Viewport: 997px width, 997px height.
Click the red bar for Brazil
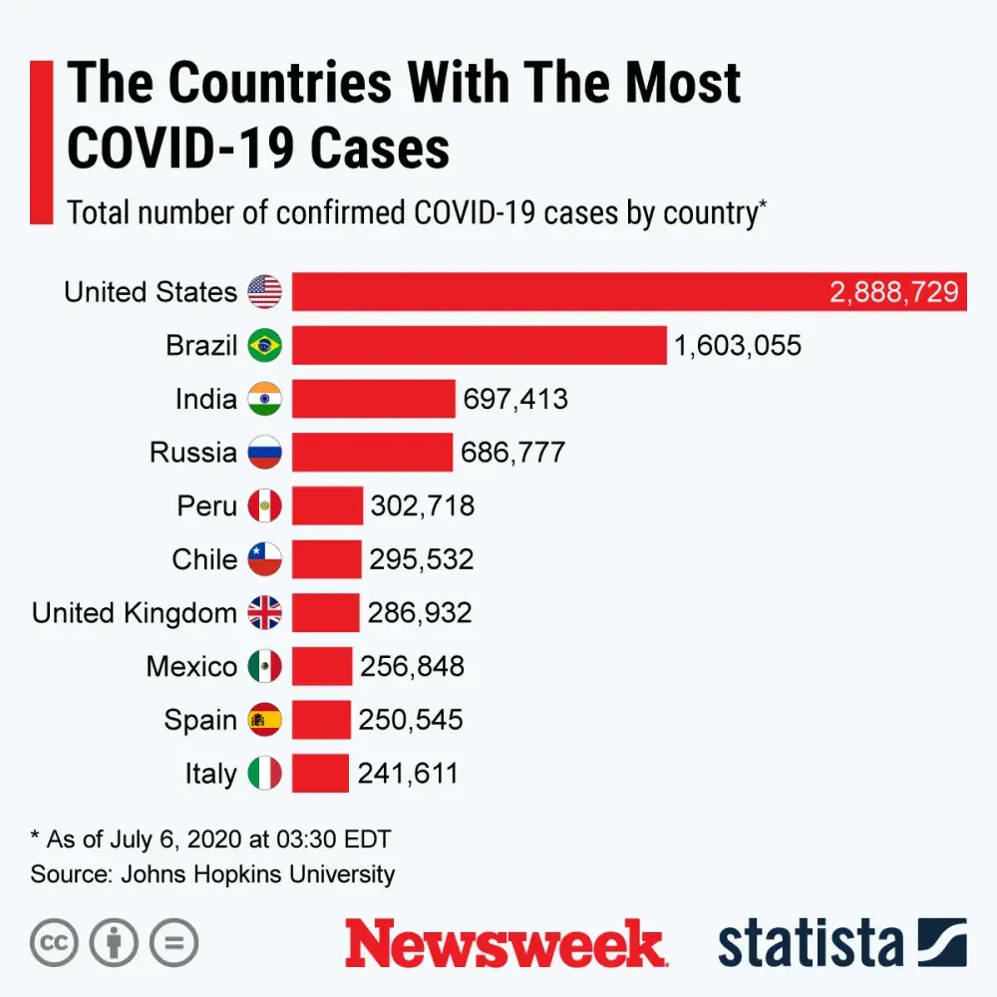479,345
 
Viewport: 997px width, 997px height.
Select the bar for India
373,399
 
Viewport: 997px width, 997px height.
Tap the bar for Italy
320,773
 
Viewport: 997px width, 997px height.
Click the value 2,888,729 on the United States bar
894,292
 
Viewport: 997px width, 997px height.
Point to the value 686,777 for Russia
512,453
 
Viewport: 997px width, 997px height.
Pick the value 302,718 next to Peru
423,506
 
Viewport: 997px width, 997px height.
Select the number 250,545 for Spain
411,720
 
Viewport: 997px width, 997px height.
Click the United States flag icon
265,292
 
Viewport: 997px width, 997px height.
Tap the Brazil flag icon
265,346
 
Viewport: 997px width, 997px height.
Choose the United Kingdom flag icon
265,613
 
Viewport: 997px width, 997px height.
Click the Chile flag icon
265,559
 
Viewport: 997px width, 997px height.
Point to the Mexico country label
191,666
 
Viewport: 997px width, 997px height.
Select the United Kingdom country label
135,612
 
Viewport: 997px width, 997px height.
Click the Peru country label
207,506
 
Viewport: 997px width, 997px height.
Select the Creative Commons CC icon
54,943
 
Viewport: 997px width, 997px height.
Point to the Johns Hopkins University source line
212,874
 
